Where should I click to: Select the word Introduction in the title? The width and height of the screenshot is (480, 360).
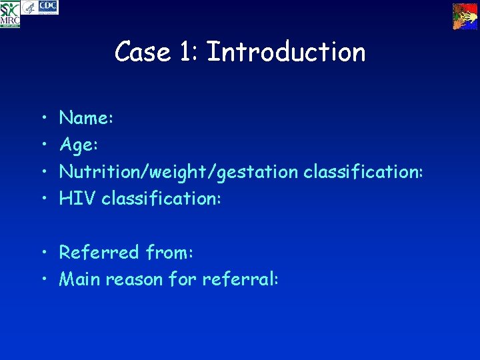click(287, 52)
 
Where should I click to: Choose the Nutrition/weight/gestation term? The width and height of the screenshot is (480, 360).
click(179, 172)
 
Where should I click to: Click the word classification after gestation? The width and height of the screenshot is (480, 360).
click(363, 171)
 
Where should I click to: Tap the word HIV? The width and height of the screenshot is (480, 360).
click(77, 198)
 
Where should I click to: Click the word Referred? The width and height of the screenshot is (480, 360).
click(99, 252)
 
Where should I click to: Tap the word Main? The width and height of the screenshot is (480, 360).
click(81, 279)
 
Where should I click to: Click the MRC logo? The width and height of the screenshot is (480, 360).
click(10, 14)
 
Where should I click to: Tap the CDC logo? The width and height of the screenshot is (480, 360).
click(49, 7)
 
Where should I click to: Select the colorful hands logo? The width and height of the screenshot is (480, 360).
click(465, 15)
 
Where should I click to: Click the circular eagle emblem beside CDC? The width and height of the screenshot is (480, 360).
click(29, 8)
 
